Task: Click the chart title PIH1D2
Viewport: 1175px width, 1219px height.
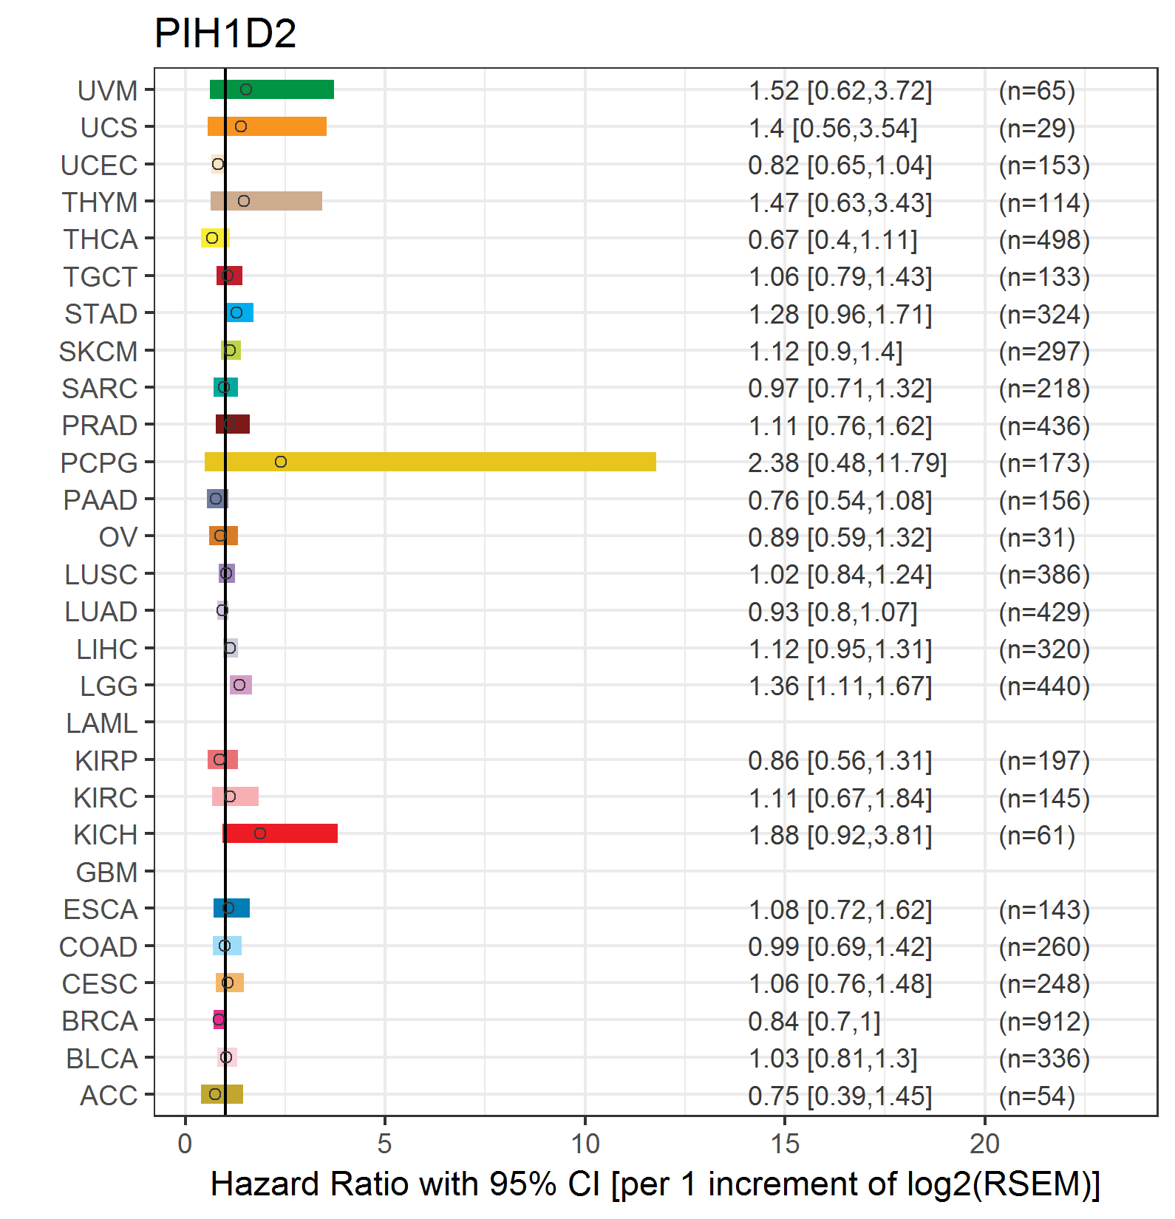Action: point(225,33)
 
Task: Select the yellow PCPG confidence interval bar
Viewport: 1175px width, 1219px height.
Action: point(430,462)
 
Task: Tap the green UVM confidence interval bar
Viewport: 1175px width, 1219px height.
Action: point(272,89)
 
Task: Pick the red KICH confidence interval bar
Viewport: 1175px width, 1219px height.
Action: point(280,833)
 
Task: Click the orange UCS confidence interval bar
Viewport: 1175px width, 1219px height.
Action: point(267,126)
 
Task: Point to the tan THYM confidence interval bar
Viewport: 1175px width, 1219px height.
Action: point(266,201)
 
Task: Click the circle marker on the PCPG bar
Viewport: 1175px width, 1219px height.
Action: point(281,462)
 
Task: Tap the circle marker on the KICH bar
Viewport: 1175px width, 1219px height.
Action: point(260,833)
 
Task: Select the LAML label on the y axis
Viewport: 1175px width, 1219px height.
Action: point(102,723)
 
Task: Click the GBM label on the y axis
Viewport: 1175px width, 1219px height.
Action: point(107,872)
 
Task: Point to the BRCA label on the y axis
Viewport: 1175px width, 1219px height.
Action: point(100,1020)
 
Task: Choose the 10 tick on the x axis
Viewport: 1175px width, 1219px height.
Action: point(585,1144)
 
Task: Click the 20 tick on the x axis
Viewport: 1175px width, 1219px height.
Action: point(985,1144)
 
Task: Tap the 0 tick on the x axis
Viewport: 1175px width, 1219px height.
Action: point(185,1144)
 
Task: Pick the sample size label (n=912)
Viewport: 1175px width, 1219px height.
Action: point(1044,1021)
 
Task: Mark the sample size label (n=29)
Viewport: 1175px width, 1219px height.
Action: point(1037,128)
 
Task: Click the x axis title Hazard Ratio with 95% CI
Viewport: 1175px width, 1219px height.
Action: point(405,1184)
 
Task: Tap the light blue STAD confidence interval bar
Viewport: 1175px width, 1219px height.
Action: point(240,313)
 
